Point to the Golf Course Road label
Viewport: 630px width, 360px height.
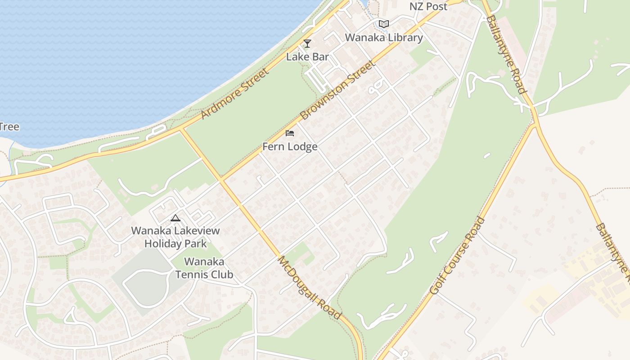coord(457,256)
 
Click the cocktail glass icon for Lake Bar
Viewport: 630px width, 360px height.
coord(307,44)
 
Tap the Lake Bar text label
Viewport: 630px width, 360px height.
coord(308,57)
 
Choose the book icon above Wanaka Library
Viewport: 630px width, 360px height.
coord(383,24)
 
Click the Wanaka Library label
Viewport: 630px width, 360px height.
coord(384,37)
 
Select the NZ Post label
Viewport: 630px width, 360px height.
coord(428,6)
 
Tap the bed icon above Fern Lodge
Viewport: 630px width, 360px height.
coord(290,133)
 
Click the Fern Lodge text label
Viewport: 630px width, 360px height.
coord(290,147)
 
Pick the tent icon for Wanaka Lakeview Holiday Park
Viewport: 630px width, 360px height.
coord(175,218)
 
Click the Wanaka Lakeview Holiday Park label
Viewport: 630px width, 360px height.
coord(175,237)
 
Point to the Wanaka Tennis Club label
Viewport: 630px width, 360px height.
coord(204,268)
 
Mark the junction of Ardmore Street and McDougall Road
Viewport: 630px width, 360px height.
coord(181,129)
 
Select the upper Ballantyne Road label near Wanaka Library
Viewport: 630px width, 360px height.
coord(506,54)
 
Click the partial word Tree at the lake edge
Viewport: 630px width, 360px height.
coord(9,126)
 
